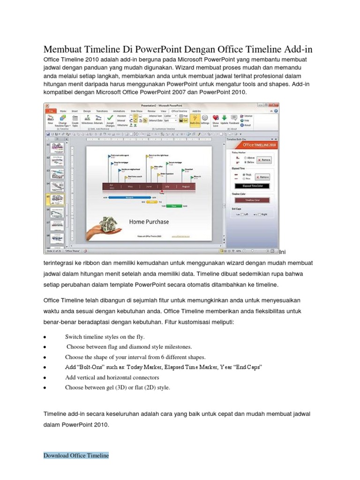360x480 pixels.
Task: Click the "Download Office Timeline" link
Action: click(76, 455)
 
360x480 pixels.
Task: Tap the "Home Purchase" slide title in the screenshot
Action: click(149, 221)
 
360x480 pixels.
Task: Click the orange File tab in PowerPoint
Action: click(50, 112)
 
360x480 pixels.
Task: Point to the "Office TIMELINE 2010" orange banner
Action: click(254, 145)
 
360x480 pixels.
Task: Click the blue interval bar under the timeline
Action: click(130, 197)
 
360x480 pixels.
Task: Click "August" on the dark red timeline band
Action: click(186, 187)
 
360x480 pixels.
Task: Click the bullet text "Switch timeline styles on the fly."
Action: click(105, 337)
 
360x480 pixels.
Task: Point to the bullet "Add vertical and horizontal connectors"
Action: click(112, 377)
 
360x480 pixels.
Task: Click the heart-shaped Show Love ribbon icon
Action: click(216, 118)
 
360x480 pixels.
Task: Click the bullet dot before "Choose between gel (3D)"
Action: click(44, 388)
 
